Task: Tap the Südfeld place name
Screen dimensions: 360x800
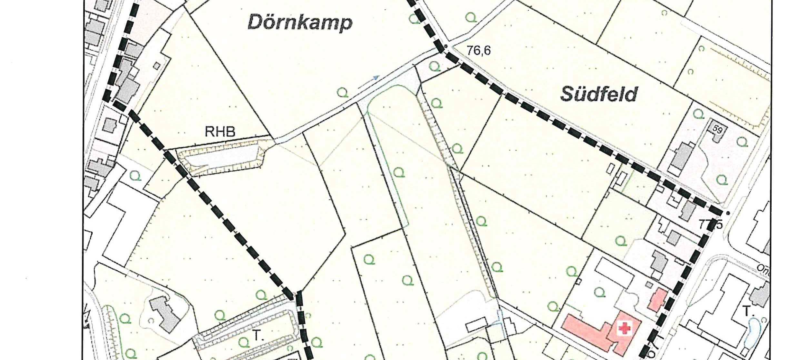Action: pyautogui.click(x=599, y=94)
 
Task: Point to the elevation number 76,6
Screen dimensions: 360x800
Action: pyautogui.click(x=478, y=51)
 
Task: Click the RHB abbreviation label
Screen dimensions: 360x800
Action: pyautogui.click(x=220, y=132)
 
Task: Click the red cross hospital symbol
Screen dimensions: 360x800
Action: pyautogui.click(x=625, y=329)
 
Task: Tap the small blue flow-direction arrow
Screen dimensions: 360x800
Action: pyautogui.click(x=375, y=78)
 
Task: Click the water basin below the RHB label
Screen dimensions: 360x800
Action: pyautogui.click(x=223, y=160)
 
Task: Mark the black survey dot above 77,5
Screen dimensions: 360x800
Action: pyautogui.click(x=727, y=213)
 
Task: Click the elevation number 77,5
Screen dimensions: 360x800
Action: pyautogui.click(x=709, y=225)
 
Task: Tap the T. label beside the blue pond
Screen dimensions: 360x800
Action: pyautogui.click(x=747, y=312)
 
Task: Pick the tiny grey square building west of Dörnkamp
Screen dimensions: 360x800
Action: pyautogui.click(x=157, y=66)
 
